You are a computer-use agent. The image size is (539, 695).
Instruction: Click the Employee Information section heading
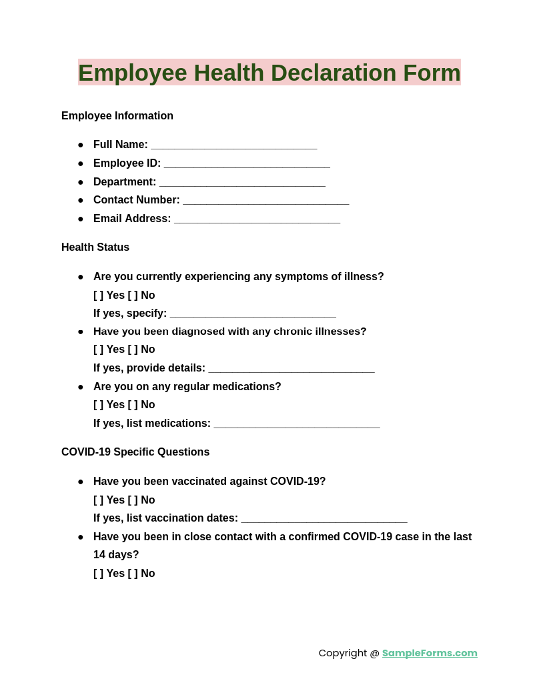tap(117, 116)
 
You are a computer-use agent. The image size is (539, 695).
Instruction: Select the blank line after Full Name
tap(233, 146)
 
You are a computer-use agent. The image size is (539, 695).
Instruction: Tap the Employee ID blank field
tap(247, 165)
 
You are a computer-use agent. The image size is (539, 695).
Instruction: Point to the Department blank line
tap(242, 183)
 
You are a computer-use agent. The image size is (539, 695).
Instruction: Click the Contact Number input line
tap(265, 201)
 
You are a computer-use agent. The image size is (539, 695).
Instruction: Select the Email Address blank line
tap(257, 220)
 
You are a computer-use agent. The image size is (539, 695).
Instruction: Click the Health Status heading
tap(95, 247)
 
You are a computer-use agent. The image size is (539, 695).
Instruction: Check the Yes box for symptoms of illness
tap(99, 295)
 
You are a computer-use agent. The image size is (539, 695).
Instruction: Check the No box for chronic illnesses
tap(133, 350)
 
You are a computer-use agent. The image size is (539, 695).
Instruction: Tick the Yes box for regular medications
tap(99, 405)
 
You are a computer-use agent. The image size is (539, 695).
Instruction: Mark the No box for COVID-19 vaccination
tap(133, 500)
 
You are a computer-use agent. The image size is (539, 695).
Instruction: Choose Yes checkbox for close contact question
tap(99, 574)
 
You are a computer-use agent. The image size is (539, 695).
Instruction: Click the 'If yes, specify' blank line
tap(253, 315)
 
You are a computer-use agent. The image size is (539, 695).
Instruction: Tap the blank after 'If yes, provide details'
tap(291, 370)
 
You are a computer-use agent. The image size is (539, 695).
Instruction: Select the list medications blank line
tap(297, 425)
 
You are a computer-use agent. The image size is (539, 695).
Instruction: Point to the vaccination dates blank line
tap(324, 520)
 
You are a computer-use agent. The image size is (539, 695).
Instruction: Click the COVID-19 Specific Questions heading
tap(135, 452)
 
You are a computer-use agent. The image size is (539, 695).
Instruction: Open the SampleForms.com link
tap(430, 653)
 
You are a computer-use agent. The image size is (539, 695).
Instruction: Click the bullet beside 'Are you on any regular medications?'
tap(81, 387)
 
